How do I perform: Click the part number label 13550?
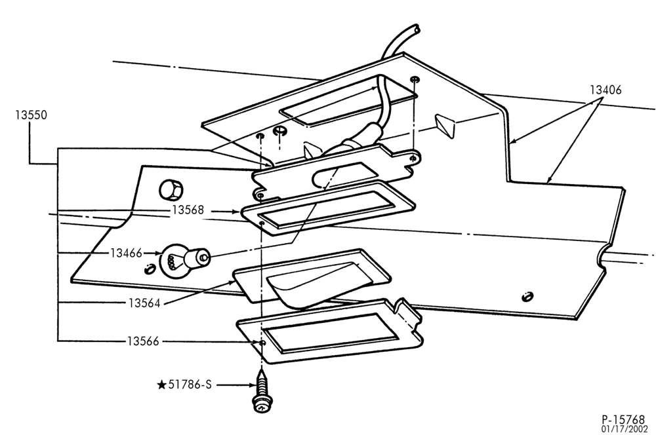click(31, 115)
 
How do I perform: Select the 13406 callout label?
click(605, 90)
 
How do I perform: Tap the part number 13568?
click(188, 210)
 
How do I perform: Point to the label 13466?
click(127, 253)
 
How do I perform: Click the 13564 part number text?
click(144, 303)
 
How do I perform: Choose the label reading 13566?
click(144, 341)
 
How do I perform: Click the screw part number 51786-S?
click(190, 385)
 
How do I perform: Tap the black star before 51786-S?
click(161, 385)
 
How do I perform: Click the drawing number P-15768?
click(623, 419)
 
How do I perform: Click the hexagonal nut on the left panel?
click(171, 191)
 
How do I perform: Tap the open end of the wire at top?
click(415, 29)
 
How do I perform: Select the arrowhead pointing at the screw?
click(251, 385)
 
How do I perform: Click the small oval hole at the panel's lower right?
click(527, 297)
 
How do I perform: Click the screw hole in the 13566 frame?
click(262, 343)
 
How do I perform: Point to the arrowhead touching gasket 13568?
click(237, 212)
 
